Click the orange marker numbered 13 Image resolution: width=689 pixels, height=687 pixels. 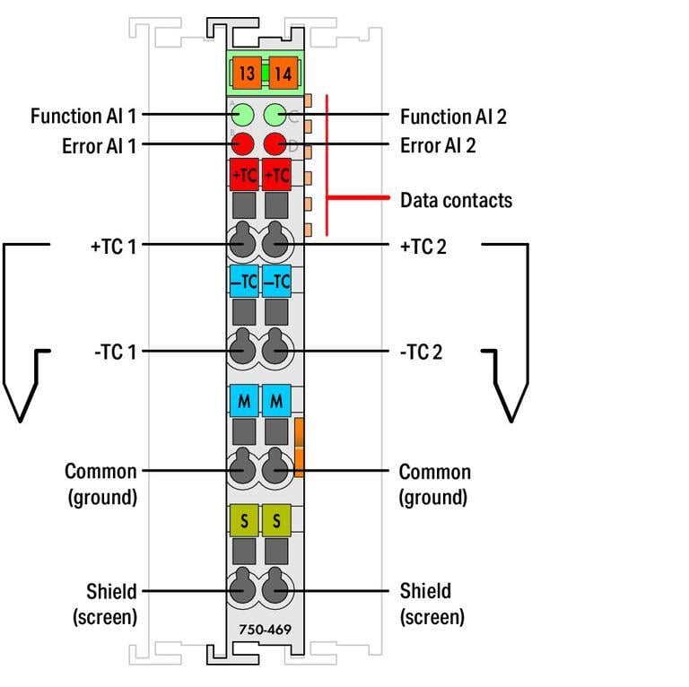245,73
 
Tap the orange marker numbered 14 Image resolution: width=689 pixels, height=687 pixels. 282,73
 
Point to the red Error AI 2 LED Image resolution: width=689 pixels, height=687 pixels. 275,143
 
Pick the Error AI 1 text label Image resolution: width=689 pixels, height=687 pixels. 99,145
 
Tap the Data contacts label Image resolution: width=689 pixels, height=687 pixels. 456,200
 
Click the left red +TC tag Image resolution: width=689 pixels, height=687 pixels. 244,175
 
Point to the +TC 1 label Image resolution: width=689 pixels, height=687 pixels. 113,246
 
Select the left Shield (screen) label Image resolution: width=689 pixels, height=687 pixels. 106,604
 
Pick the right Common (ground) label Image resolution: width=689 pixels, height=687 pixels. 434,483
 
